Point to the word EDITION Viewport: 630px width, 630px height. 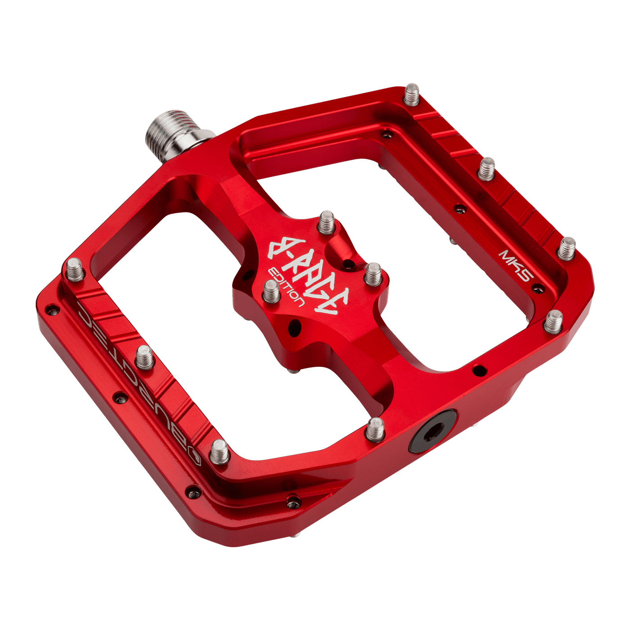point(285,286)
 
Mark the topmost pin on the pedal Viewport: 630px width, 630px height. point(412,94)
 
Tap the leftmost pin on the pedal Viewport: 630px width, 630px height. point(75,270)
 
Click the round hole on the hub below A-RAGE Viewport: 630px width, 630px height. point(295,327)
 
